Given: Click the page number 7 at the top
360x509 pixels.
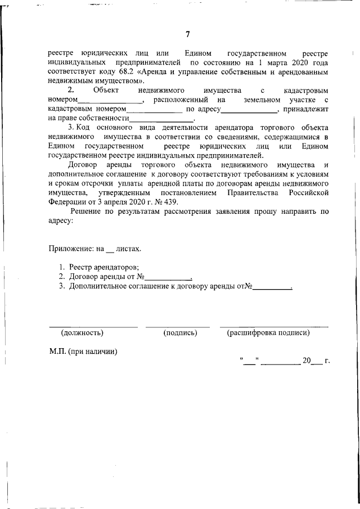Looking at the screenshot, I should click(187, 35).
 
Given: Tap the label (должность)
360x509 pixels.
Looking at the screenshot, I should click(82, 332).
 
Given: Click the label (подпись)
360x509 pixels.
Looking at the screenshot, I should click(180, 332).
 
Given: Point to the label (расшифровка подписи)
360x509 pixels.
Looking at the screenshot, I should click(268, 332).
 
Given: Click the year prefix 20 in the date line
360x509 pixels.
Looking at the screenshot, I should click(307, 361).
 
